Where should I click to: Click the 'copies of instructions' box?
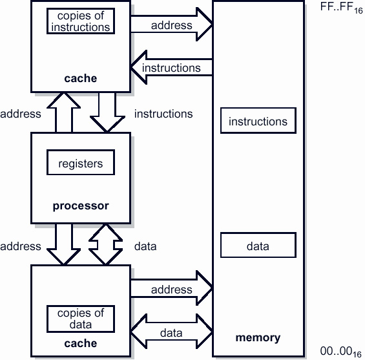coord(80,21)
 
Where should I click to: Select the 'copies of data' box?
coord(80,319)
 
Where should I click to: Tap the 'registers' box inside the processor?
coord(80,164)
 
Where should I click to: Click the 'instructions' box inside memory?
coord(258,122)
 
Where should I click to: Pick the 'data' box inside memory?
coord(258,246)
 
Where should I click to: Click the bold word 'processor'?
coord(80,206)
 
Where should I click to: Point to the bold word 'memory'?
coord(258,337)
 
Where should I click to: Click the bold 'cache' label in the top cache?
coord(80,79)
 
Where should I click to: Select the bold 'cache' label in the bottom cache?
coord(80,343)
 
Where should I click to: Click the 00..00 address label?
coord(342,352)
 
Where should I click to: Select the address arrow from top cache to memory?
coord(172,25)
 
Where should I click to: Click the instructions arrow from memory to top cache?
coord(172,67)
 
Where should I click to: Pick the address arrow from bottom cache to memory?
coord(172,290)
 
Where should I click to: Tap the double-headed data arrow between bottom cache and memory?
coord(172,333)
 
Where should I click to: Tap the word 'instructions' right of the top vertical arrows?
coord(163,114)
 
